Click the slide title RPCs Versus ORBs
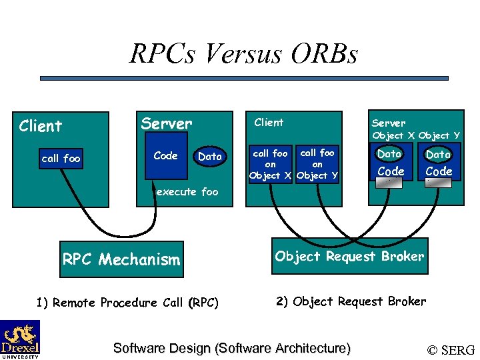243,53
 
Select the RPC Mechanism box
121,259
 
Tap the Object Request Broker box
349,256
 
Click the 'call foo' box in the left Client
61,159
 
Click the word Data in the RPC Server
210,157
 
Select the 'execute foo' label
187,192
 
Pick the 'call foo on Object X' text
270,165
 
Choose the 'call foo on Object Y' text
317,165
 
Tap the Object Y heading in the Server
439,135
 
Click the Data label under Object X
389,154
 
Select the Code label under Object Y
439,171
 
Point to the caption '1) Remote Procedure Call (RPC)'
127,303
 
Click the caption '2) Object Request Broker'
350,301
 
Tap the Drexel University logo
20,339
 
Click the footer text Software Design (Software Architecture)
232,348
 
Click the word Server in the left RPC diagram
166,124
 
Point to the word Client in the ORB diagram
269,122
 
